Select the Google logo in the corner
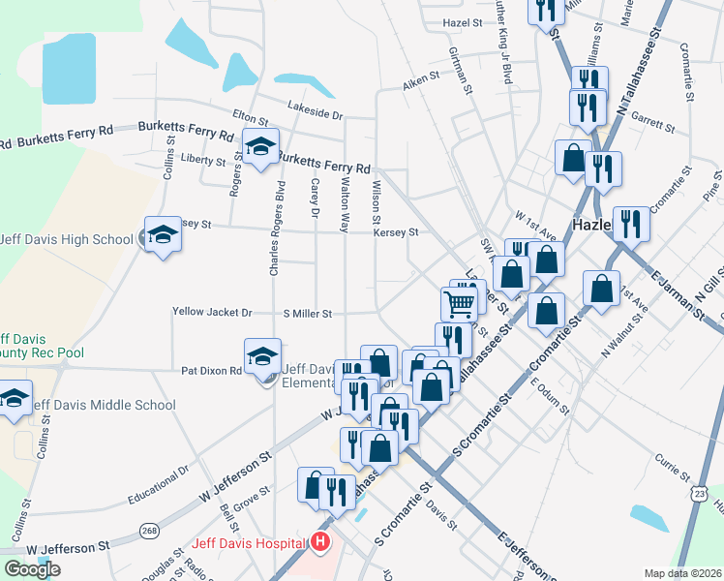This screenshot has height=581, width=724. (x=32, y=569)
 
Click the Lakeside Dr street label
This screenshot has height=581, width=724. (x=315, y=113)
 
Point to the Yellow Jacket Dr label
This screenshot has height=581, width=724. (x=212, y=314)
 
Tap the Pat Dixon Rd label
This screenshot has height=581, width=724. (x=211, y=371)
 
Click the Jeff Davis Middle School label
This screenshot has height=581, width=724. (x=104, y=405)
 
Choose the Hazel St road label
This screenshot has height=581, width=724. (x=463, y=21)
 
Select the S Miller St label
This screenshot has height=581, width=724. (x=308, y=314)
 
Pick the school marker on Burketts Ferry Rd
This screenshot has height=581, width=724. (x=259, y=147)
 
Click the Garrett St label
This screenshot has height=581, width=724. (x=652, y=122)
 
